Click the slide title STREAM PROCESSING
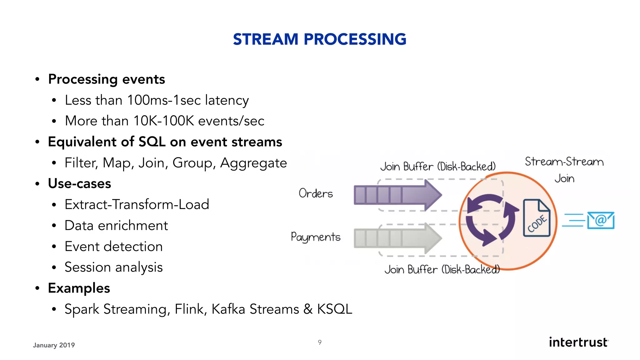pos(319,39)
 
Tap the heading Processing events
pos(106,79)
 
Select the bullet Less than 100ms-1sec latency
pos(157,100)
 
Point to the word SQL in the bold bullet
pos(152,142)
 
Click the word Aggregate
pos(253,163)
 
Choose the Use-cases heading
pos(79,184)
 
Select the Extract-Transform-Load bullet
pos(137,205)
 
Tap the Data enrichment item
pos(116,226)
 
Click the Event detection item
pos(113,247)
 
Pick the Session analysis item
pos(113,267)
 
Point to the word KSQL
pos(334,309)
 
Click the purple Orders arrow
pos(397,195)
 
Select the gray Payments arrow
pos(397,238)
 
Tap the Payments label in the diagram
pos(315,237)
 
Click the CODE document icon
pos(537,218)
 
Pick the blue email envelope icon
pos(600,220)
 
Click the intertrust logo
pos(578,342)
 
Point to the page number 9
pos(320,342)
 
